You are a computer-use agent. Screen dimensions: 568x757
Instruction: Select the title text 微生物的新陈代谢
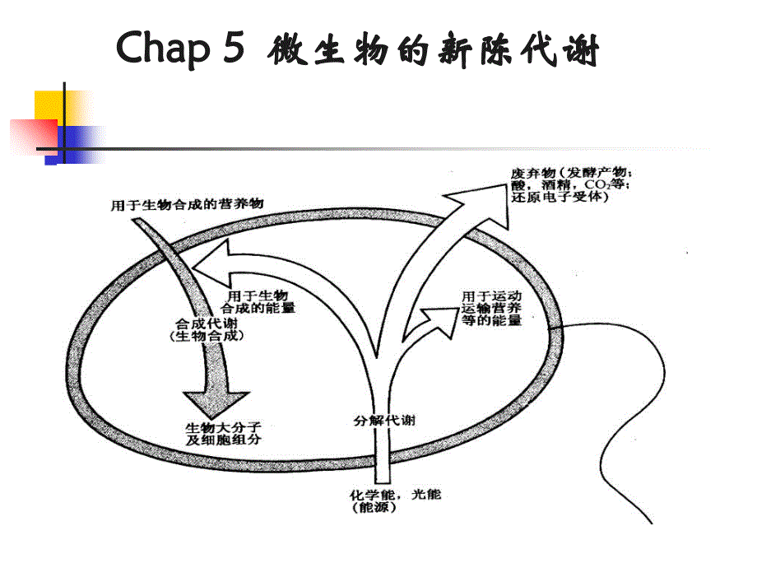tap(434, 52)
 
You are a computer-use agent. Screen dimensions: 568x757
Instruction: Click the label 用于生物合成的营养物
tap(188, 204)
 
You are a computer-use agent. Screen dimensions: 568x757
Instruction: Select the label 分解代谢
tap(378, 421)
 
